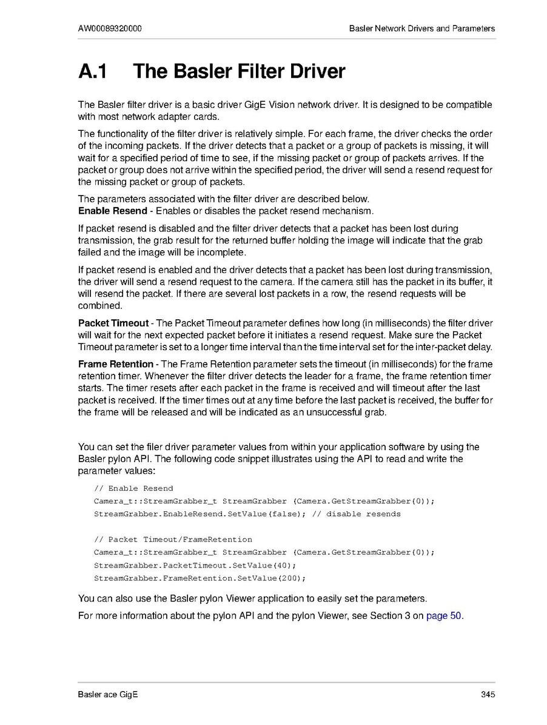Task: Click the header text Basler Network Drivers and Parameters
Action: pos(422,28)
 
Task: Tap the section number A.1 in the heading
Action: pos(93,71)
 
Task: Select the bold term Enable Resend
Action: pos(113,211)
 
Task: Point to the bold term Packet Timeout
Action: pos(113,323)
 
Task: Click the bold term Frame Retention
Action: pos(116,364)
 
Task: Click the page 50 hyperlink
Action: pos(444,616)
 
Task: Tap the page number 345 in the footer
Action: pos(488,695)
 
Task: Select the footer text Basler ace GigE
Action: pos(108,695)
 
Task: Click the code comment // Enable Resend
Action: pos(133,488)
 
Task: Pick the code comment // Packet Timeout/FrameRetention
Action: pos(173,539)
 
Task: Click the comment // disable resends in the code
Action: pos(356,514)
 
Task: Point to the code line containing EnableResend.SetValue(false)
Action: pos(200,514)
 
